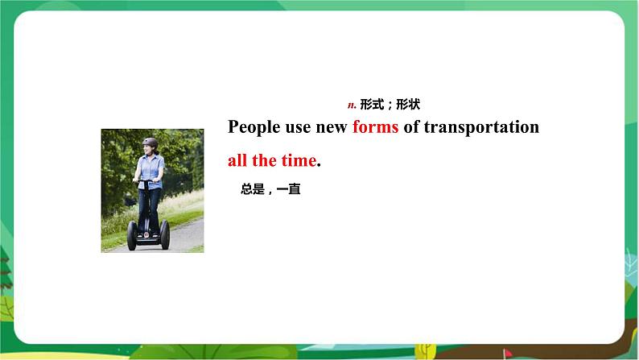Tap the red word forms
click(375, 127)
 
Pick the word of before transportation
click(411, 127)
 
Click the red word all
click(237, 160)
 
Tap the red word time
click(298, 160)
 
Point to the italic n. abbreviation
click(351, 105)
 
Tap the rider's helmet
click(150, 143)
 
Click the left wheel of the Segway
click(131, 234)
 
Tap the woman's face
click(150, 149)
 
